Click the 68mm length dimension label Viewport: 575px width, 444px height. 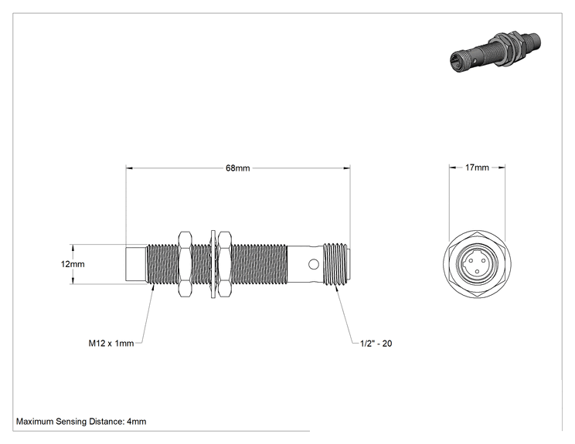(237, 168)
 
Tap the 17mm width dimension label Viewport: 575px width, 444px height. (477, 168)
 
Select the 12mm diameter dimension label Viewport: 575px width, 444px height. (73, 264)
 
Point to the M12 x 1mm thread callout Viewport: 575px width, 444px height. (111, 344)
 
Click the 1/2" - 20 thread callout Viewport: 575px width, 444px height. (376, 344)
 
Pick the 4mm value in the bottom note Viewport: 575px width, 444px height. (137, 422)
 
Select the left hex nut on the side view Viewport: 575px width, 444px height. (185, 264)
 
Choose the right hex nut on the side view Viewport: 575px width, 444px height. (224, 264)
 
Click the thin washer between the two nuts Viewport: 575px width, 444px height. (213, 264)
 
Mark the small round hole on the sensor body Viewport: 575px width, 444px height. (314, 264)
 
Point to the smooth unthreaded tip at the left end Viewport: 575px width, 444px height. (136, 265)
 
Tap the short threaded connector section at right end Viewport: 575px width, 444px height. (335, 264)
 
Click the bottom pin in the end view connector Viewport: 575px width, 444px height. (477, 272)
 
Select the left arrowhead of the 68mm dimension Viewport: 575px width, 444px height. (129, 168)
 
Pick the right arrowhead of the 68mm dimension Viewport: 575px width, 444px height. (347, 168)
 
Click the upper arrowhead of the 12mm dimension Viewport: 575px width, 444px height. (73, 248)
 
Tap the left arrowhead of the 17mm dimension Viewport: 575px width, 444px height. (453, 168)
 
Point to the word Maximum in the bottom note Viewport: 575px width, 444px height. (35, 422)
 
